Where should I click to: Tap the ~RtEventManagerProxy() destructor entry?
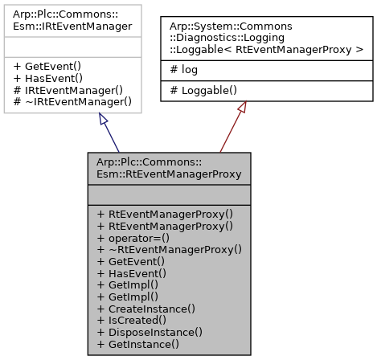169,250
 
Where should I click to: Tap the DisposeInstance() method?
149,331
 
